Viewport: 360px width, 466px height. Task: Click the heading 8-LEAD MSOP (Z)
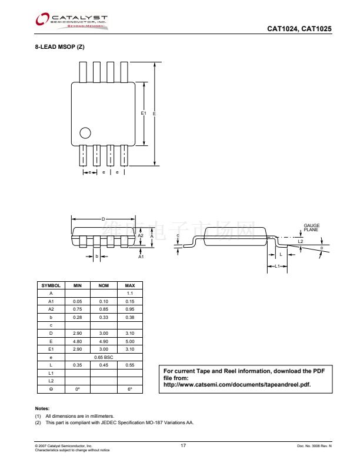coord(60,47)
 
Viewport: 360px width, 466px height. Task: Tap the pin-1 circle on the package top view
coord(86,132)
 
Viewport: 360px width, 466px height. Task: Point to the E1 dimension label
coord(143,112)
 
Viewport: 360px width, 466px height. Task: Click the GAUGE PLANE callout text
coord(312,228)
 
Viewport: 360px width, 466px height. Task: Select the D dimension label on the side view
coord(103,219)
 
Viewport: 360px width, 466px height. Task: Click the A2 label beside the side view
coord(141,235)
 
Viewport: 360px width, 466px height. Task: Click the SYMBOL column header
coord(51,285)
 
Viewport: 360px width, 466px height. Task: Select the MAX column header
coord(130,285)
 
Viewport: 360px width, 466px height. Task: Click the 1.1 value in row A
coord(130,292)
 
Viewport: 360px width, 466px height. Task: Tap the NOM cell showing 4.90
coord(104,341)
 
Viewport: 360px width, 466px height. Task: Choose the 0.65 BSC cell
coord(104,357)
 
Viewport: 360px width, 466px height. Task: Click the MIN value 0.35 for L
coord(77,365)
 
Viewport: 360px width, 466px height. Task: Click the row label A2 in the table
coord(51,309)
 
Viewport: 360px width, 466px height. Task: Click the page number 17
coord(183,446)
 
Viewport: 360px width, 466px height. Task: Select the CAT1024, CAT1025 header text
coord(299,28)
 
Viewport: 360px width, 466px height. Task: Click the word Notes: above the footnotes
coord(42,408)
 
